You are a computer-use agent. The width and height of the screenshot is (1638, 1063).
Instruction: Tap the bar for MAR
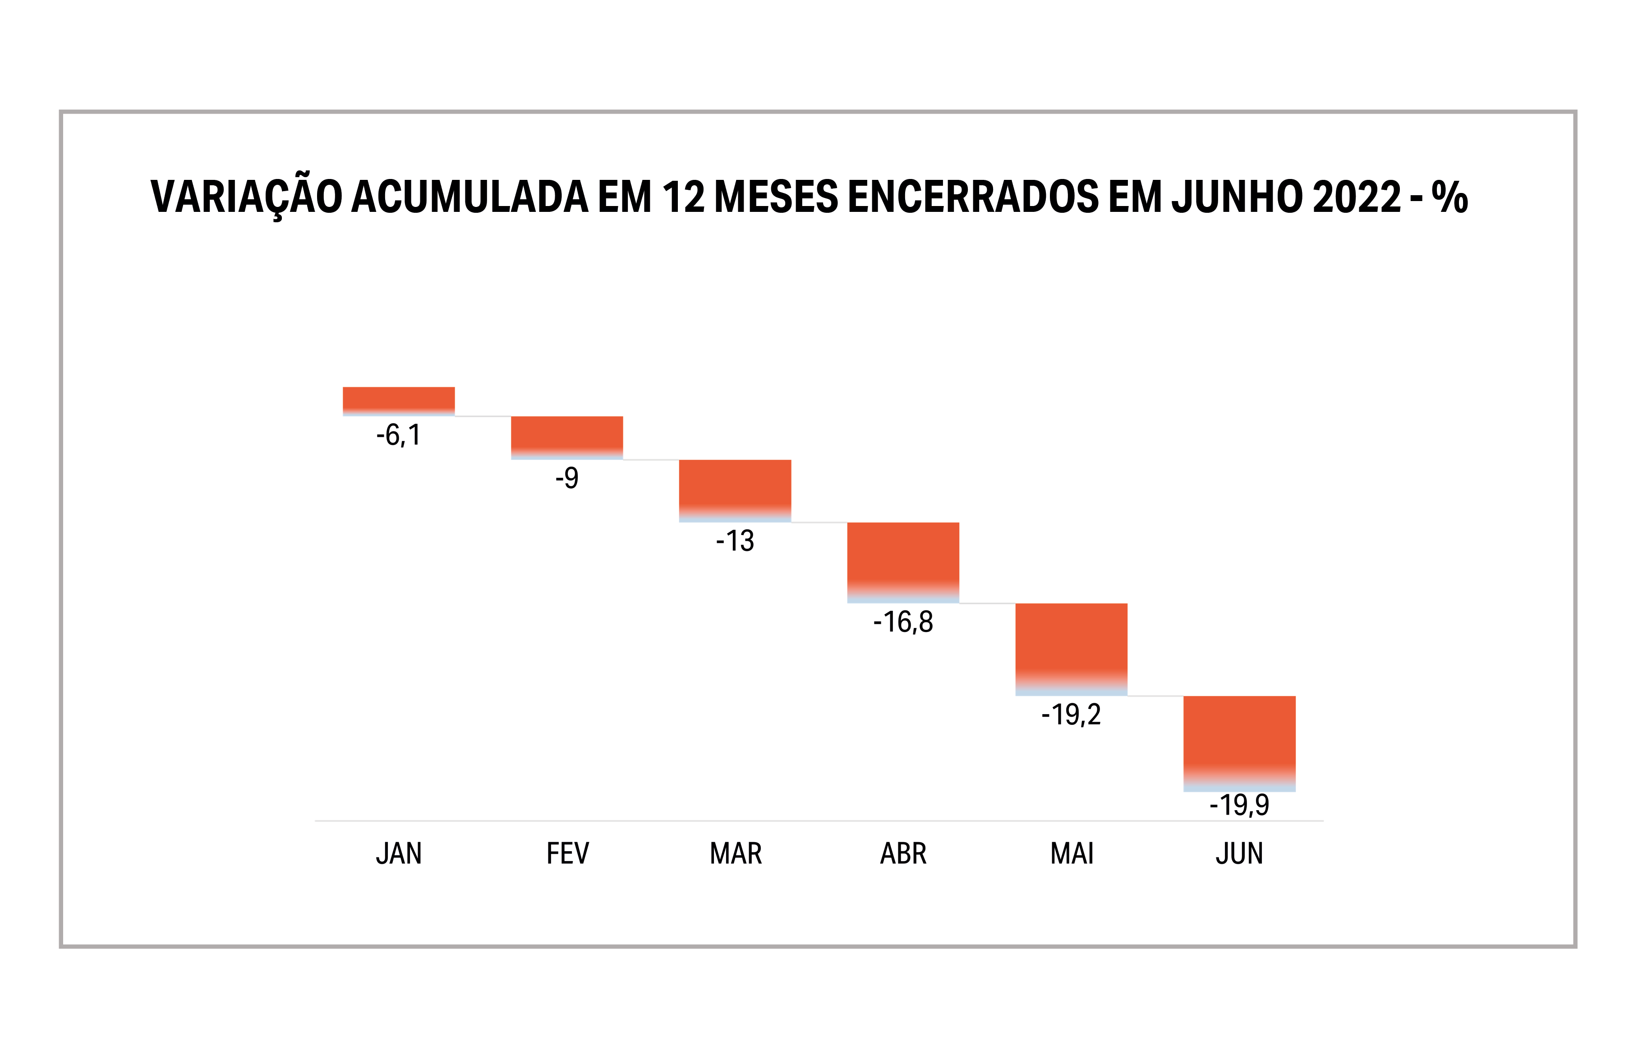tap(735, 490)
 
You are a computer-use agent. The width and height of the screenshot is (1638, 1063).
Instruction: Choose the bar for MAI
tap(1071, 648)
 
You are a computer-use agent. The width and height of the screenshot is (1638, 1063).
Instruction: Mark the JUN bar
tap(1239, 742)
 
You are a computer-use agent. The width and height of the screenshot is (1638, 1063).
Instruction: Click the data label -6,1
tap(399, 435)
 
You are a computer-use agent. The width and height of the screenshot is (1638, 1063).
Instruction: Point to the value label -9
tap(567, 478)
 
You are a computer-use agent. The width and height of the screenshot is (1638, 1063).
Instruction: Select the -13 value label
tap(735, 541)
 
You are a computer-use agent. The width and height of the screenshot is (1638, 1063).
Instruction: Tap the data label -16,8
tap(903, 623)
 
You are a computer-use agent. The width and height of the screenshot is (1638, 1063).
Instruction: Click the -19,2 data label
tap(1071, 715)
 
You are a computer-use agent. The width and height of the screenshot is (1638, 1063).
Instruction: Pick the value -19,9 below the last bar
tap(1239, 805)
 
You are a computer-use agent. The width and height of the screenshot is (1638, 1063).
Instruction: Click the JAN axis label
tap(399, 854)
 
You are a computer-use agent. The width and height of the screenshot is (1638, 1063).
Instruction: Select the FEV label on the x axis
tap(567, 854)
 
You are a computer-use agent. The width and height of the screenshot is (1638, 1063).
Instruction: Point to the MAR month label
tap(735, 854)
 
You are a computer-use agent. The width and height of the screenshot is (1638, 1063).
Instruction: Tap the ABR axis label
tap(903, 854)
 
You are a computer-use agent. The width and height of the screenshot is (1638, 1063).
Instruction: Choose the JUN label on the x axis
tap(1239, 854)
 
